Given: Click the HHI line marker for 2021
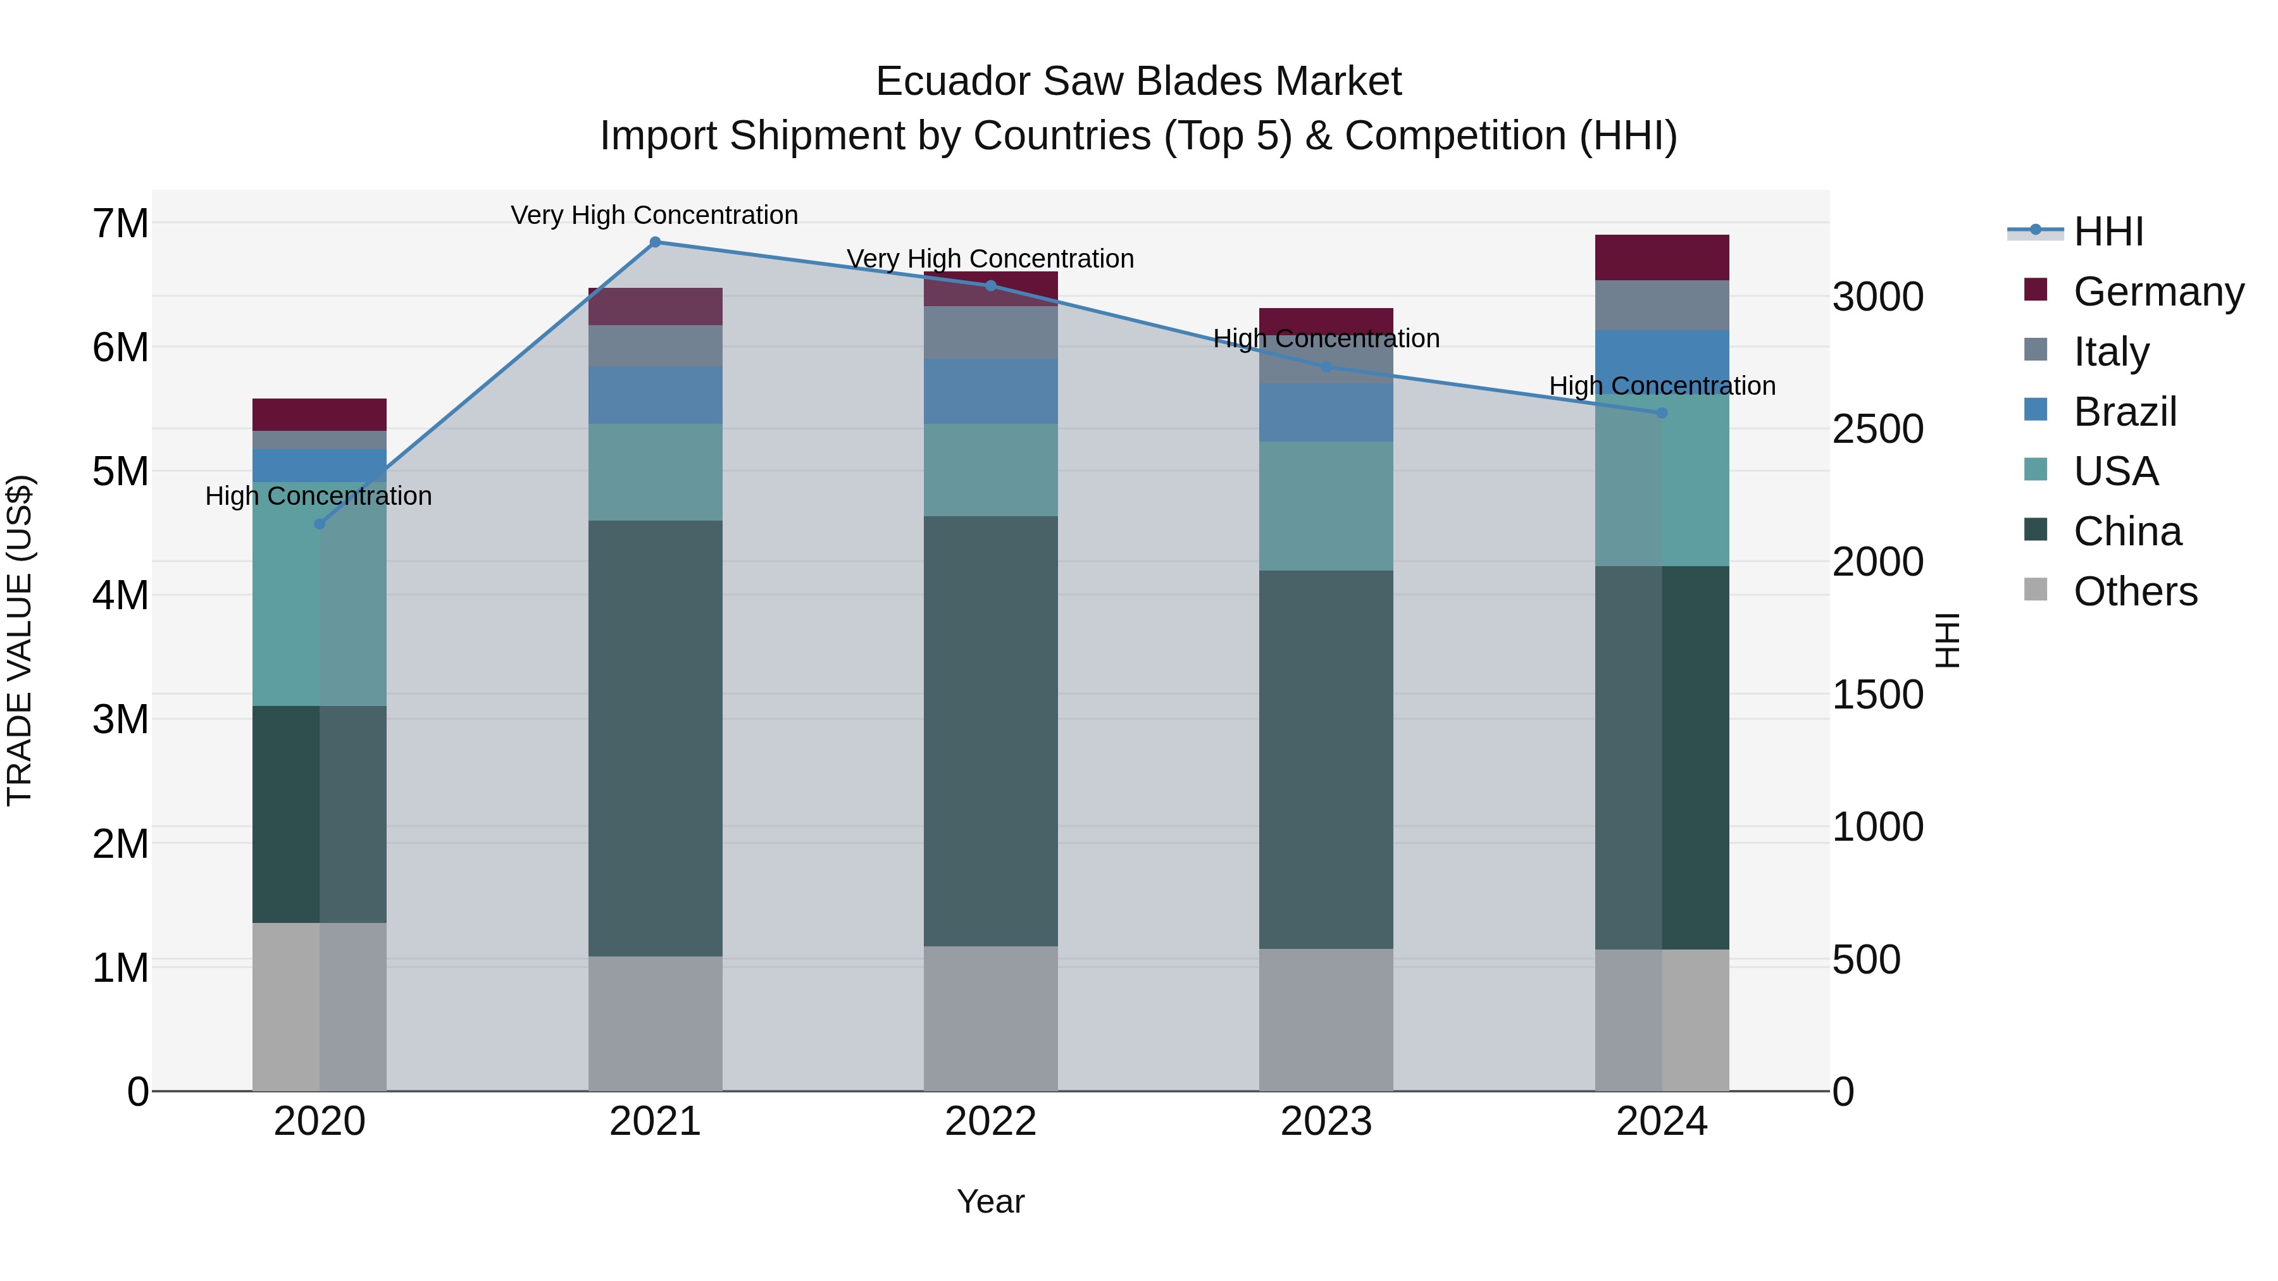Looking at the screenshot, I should (656, 242).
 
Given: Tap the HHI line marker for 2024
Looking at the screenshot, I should (1662, 413).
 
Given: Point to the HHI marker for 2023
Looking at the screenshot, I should (1326, 367).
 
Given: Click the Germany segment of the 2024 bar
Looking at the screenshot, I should (1662, 257).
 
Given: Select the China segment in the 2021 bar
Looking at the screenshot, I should (656, 738).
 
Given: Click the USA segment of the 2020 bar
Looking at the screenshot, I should (320, 594).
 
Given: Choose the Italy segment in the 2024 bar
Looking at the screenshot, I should (1662, 305).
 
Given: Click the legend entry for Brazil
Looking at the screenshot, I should (2124, 412).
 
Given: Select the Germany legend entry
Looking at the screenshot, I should (2158, 292).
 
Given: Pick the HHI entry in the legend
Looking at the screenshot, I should (2108, 232).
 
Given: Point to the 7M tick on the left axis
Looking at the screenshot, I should (121, 224).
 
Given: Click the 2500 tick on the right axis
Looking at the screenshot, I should (1877, 430).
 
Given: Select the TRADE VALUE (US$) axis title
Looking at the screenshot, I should (20, 640).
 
